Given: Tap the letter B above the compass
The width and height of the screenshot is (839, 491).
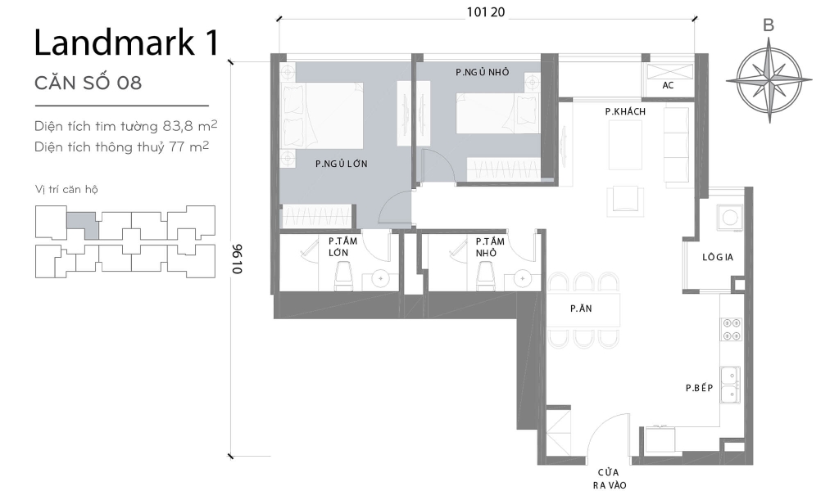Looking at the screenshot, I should point(768,25).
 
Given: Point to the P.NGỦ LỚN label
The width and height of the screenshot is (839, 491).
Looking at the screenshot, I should point(341,164).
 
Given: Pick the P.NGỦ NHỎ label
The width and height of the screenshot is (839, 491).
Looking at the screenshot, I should point(483,72).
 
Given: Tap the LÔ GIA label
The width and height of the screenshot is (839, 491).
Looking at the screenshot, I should point(717,257).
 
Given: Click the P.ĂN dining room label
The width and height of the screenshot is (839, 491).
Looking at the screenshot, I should point(582,309).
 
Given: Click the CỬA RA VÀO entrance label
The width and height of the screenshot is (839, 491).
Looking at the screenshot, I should point(607,479).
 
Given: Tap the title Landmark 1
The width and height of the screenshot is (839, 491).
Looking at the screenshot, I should point(126,43).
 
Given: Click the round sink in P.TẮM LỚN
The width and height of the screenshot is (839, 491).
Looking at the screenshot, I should point(380,279).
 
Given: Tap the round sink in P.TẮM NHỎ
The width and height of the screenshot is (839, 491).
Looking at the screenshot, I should point(521,279).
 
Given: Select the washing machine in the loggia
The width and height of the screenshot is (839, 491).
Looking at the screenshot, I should point(728,215).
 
